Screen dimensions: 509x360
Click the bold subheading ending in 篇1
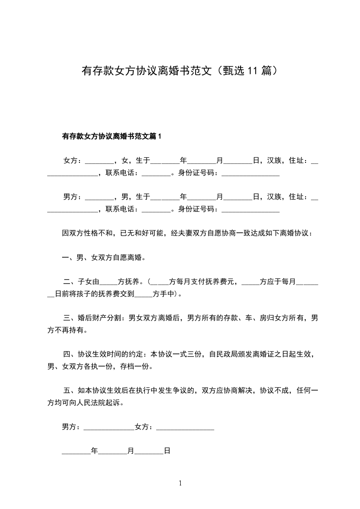click(112, 136)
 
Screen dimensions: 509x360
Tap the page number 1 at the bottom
click(180, 483)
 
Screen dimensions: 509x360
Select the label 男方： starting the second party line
click(72, 196)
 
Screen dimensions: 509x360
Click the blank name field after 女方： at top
click(99, 161)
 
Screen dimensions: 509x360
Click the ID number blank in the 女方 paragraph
click(250, 173)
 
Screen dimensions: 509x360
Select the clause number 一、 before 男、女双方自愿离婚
click(69, 258)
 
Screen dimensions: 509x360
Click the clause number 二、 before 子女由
click(70, 282)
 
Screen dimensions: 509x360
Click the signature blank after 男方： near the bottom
click(109, 428)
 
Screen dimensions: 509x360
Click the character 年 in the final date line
click(94, 451)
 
